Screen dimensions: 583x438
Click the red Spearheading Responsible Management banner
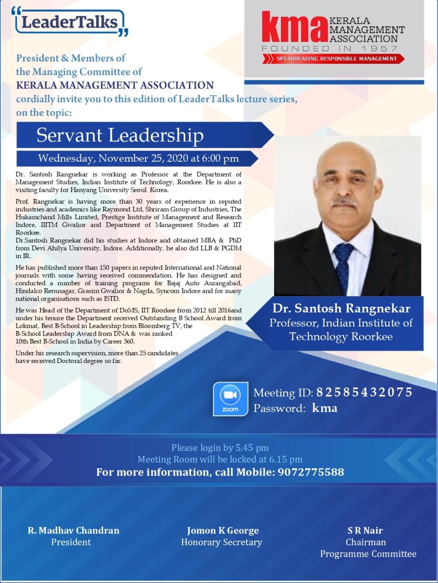pos(333,58)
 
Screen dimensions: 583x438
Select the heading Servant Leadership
pos(120,135)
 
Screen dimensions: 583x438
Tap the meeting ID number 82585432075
pos(364,392)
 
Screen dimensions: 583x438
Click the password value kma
pos(324,408)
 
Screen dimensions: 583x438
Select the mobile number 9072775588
pos(311,472)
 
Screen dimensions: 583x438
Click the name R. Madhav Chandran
pos(73,530)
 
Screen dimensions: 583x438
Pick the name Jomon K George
pos(223,530)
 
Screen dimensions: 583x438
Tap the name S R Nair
pos(365,530)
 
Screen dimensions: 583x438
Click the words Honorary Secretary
pos(221,542)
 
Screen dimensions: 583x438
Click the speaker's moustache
pos(345,201)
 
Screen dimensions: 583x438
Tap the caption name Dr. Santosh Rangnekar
pos(341,308)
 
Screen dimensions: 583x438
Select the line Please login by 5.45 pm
pos(220,447)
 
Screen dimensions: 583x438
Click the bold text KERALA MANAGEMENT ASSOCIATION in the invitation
pos(115,85)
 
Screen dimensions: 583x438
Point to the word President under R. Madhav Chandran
pos(71,542)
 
